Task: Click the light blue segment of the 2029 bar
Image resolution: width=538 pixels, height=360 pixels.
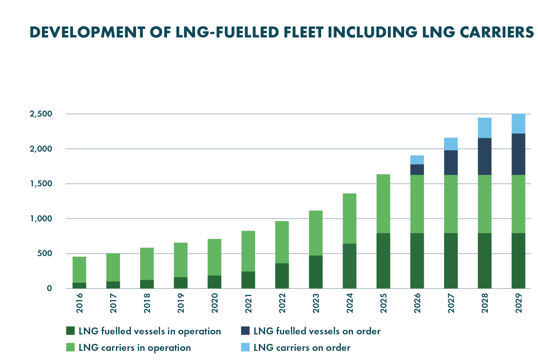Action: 518,124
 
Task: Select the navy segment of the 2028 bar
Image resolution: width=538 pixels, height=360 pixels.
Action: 484,157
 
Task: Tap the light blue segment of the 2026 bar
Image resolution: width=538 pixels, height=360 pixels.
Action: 417,160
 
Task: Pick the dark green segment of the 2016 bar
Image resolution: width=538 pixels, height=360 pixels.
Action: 79,285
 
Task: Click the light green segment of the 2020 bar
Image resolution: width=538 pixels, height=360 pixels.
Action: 214,257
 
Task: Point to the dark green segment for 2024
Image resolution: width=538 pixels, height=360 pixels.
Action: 349,266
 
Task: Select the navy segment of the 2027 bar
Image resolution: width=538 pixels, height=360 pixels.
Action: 451,163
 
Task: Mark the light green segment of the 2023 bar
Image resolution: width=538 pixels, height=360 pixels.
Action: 316,233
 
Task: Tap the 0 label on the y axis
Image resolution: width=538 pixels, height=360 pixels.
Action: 49,288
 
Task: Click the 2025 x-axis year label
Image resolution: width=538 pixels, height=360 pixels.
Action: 383,303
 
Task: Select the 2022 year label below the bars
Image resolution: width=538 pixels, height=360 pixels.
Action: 282,303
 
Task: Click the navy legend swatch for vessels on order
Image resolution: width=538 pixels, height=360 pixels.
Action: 245,331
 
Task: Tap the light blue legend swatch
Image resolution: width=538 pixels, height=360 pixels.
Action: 245,347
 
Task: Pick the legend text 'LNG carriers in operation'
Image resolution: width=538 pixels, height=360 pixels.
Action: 134,348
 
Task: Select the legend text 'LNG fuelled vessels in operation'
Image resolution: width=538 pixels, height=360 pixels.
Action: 150,331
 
